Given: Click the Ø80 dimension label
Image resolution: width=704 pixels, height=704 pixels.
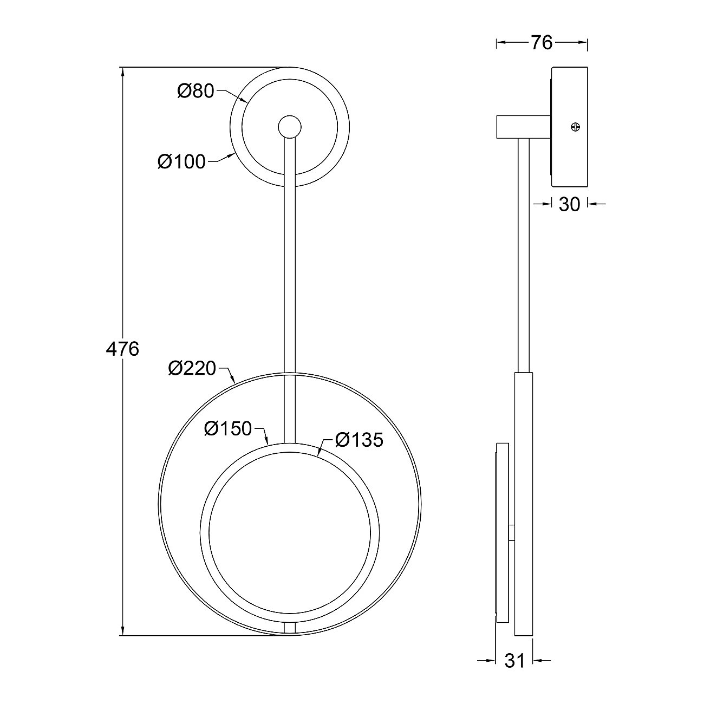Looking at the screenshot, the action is pyautogui.click(x=195, y=91).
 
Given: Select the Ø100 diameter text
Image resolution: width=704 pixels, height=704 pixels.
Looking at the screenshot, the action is pyautogui.click(x=181, y=161).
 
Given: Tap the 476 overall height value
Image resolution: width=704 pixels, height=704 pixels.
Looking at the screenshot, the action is pyautogui.click(x=122, y=349).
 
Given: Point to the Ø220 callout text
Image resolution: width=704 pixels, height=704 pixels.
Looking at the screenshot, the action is pyautogui.click(x=192, y=368).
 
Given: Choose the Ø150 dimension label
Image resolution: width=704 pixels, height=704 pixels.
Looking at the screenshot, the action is pyautogui.click(x=229, y=428).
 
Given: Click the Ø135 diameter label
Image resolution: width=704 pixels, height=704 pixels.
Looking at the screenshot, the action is pyautogui.click(x=360, y=440).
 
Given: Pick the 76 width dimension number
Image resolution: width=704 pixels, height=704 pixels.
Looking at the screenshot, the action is pyautogui.click(x=542, y=43).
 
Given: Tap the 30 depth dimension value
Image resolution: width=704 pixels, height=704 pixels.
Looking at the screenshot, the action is pyautogui.click(x=570, y=205).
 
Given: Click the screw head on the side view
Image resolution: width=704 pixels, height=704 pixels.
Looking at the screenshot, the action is pyautogui.click(x=576, y=127).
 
